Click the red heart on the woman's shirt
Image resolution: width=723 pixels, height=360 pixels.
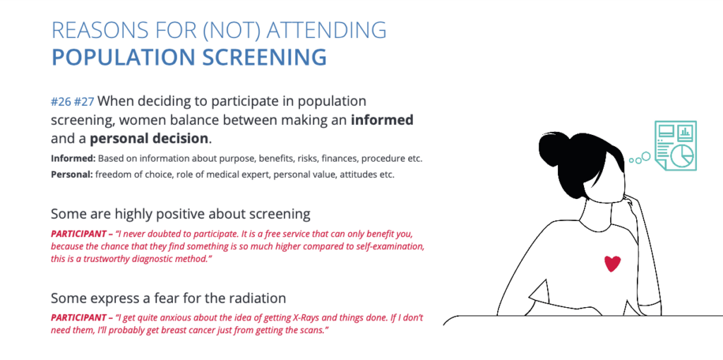coord(612,264)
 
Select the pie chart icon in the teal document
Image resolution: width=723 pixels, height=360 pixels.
coord(682,155)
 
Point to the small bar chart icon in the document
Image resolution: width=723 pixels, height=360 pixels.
coord(685,132)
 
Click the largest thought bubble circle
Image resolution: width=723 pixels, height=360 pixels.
coord(646,156)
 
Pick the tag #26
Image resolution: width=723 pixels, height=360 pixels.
coord(61,102)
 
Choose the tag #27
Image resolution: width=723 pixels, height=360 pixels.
coord(84,102)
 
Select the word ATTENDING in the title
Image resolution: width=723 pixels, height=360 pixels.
coord(327,30)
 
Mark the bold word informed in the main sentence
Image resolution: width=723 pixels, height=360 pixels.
coord(382,120)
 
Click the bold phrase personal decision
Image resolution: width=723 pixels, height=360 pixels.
coord(149,138)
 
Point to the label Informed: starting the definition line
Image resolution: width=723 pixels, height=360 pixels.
coord(73,159)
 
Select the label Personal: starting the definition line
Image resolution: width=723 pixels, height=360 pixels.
coord(72,175)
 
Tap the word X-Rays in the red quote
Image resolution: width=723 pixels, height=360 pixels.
coord(287,318)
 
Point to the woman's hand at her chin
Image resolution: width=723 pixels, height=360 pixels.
coord(631,203)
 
